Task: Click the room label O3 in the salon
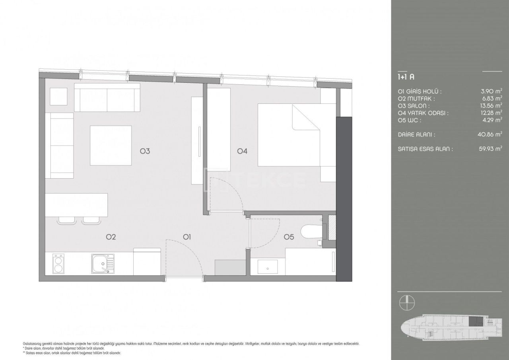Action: click(144, 151)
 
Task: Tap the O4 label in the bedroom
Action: click(242, 151)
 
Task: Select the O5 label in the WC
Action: click(289, 237)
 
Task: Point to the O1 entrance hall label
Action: click(187, 237)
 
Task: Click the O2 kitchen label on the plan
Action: click(111, 237)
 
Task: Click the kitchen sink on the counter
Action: click(102, 263)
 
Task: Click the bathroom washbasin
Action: click(268, 267)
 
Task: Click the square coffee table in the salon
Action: click(111, 145)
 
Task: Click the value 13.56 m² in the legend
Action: click(491, 106)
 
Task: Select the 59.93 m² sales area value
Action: click(491, 149)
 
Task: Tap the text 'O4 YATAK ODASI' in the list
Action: click(423, 113)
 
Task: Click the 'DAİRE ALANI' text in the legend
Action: click(416, 135)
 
